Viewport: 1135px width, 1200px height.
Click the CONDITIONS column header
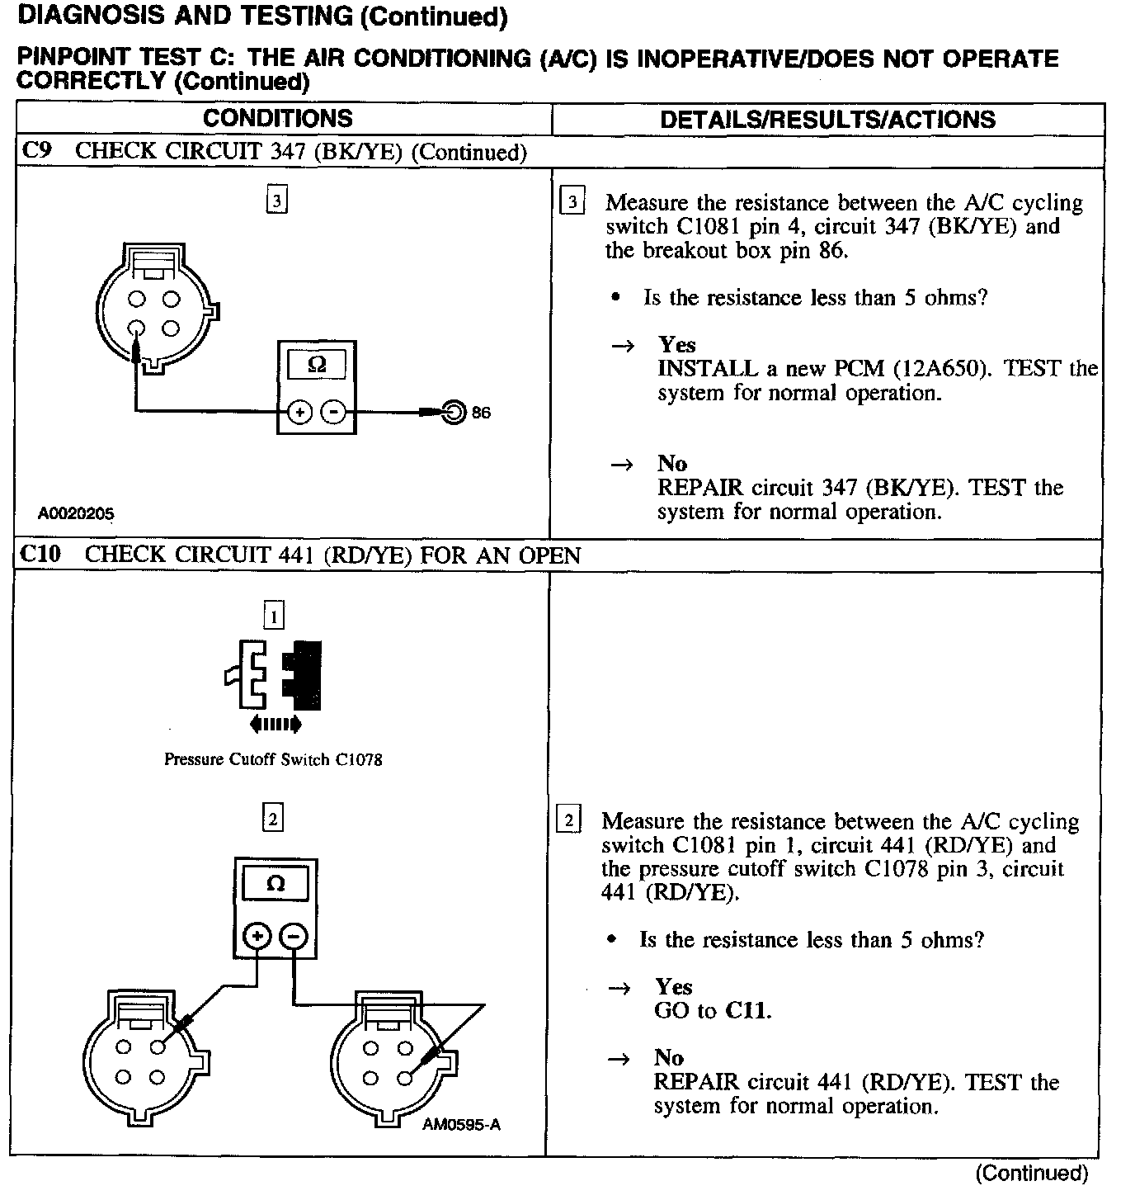(278, 119)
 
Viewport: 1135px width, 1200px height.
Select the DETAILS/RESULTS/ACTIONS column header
(827, 120)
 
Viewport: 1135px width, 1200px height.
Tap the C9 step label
(38, 151)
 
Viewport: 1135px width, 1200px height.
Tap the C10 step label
(41, 554)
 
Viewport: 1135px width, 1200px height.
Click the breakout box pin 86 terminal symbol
(454, 411)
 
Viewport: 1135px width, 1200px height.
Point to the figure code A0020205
(76, 513)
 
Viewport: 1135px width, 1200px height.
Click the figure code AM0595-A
(461, 1124)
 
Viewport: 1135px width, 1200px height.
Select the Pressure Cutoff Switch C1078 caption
(273, 759)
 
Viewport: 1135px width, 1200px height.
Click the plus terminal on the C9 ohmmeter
(299, 412)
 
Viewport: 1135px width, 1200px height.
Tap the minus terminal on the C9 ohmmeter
(332, 412)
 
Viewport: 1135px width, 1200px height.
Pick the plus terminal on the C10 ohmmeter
(258, 936)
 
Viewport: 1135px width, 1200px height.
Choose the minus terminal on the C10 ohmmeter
(293, 936)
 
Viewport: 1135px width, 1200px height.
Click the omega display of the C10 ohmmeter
(276, 885)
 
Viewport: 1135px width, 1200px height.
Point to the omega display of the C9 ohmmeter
(316, 365)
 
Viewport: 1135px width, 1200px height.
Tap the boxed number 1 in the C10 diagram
(273, 616)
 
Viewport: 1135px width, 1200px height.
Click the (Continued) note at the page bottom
(1031, 1173)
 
